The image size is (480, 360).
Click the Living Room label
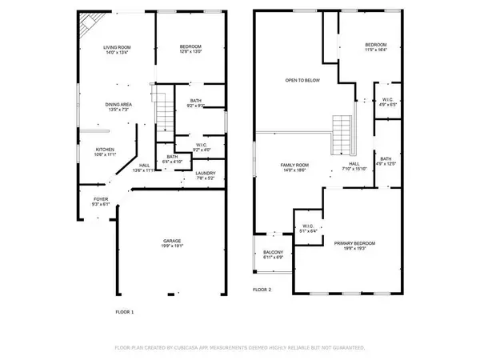point(117,48)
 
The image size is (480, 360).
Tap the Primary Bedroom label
point(354,242)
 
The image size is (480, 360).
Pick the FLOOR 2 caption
point(262,289)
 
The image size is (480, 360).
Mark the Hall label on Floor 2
point(354,165)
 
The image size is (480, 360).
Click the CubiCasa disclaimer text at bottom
point(240,348)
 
